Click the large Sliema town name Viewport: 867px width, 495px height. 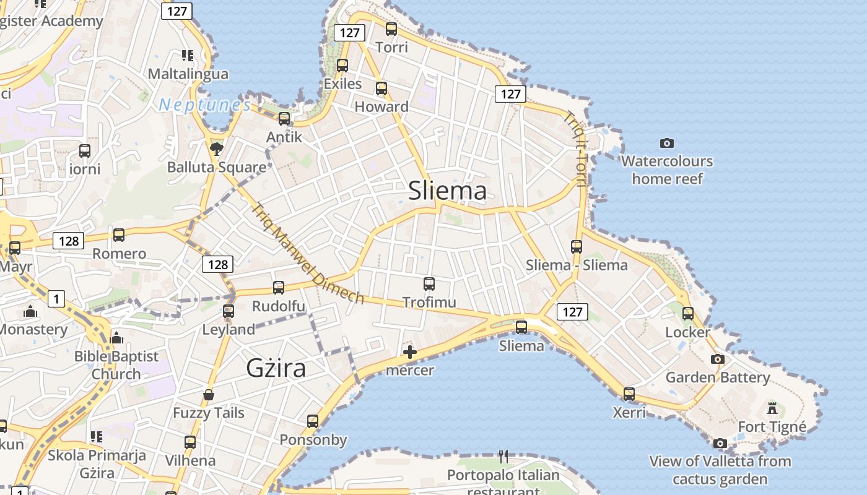click(x=447, y=191)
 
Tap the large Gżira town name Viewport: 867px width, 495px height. click(x=276, y=368)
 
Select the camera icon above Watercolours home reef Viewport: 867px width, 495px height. click(x=667, y=143)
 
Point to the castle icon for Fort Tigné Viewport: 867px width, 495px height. click(x=772, y=408)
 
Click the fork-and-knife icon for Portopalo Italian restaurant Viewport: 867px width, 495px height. click(x=503, y=457)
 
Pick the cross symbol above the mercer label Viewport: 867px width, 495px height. click(x=409, y=352)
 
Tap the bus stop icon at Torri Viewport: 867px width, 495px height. click(x=391, y=28)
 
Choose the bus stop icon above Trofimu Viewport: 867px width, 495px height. click(x=429, y=284)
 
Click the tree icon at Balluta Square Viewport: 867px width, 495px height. click(x=216, y=148)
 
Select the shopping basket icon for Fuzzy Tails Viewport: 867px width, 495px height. click(x=209, y=395)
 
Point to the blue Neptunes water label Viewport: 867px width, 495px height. click(x=204, y=105)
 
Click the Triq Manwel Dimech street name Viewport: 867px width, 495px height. click(x=307, y=254)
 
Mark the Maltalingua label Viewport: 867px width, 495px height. click(x=188, y=74)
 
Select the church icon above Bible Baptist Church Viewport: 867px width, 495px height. click(x=116, y=338)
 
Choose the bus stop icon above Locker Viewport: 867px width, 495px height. click(x=688, y=313)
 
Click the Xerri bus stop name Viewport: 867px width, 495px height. click(x=629, y=412)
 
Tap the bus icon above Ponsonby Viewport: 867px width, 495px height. click(x=313, y=421)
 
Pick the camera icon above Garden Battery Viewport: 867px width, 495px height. click(x=717, y=359)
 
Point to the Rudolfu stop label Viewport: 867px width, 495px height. click(x=278, y=306)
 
